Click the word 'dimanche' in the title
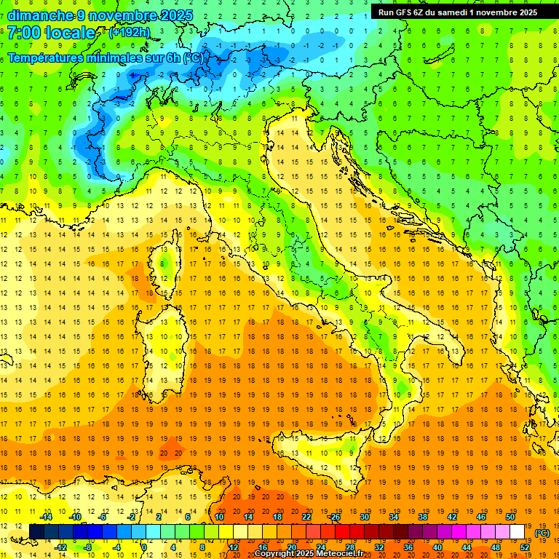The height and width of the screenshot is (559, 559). pyautogui.click(x=40, y=15)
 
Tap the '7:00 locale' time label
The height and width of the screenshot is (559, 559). pyautogui.click(x=52, y=33)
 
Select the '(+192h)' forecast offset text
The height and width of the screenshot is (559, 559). pyautogui.click(x=130, y=33)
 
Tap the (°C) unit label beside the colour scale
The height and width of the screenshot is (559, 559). pyautogui.click(x=542, y=533)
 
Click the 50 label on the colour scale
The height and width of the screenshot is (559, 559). pyautogui.click(x=510, y=517)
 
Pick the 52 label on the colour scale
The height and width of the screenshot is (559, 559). pyautogui.click(x=524, y=547)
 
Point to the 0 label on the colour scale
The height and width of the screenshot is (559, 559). pyautogui.click(x=144, y=547)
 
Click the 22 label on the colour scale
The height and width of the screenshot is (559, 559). pyautogui.click(x=306, y=517)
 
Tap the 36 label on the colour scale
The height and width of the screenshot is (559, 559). pyautogui.click(x=408, y=547)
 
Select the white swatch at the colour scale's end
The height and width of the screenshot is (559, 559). pyautogui.click(x=518, y=532)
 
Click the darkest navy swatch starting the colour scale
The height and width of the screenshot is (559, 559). pyautogui.click(x=36, y=532)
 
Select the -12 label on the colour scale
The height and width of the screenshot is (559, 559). pyautogui.click(x=61, y=547)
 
